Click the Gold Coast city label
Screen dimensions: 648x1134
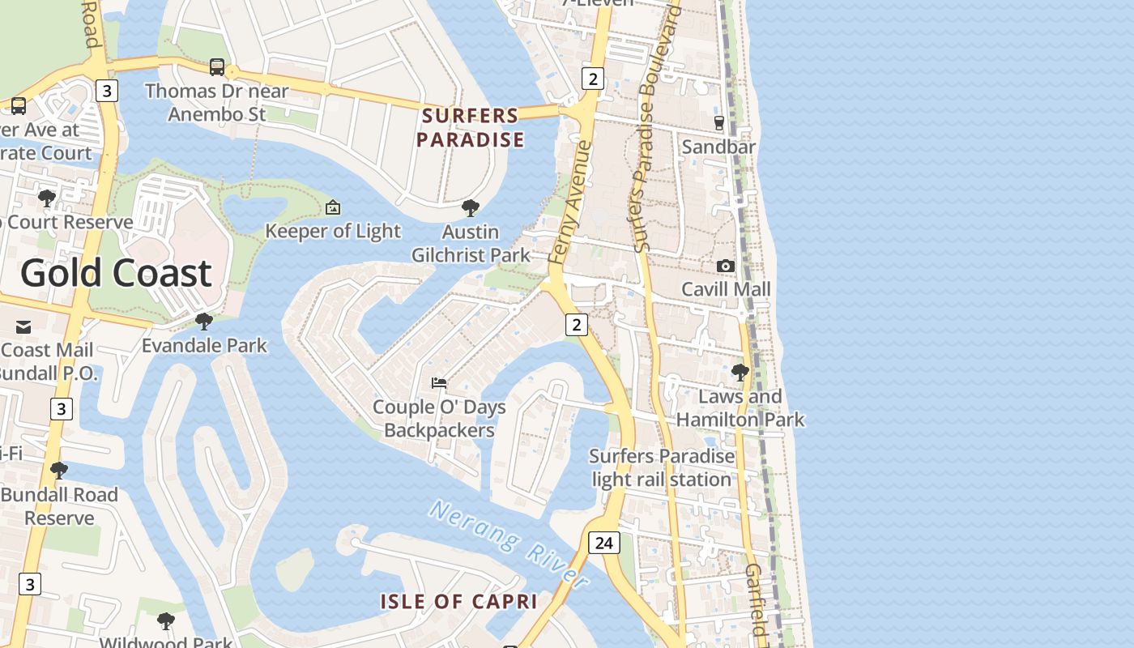[116, 274]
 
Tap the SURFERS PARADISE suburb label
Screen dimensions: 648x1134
[471, 128]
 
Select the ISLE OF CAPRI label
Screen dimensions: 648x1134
[459, 602]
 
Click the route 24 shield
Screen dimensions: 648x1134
[603, 542]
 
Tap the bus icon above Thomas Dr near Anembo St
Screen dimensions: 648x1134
[216, 67]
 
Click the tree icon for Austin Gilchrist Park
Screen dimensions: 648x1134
[471, 208]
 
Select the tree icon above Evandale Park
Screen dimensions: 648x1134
[204, 322]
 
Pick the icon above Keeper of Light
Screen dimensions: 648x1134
[332, 208]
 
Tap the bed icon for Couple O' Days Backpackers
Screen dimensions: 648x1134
[439, 383]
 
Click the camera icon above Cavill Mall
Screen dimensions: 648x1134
[726, 266]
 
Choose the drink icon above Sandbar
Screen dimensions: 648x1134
[718, 123]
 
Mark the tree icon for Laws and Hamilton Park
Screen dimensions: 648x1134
[740, 373]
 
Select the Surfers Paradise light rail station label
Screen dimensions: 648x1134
[662, 467]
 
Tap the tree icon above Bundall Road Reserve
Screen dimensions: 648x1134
[58, 471]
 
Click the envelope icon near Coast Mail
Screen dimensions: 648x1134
[23, 327]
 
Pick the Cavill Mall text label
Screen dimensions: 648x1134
[726, 289]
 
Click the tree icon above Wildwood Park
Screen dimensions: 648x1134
[165, 621]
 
